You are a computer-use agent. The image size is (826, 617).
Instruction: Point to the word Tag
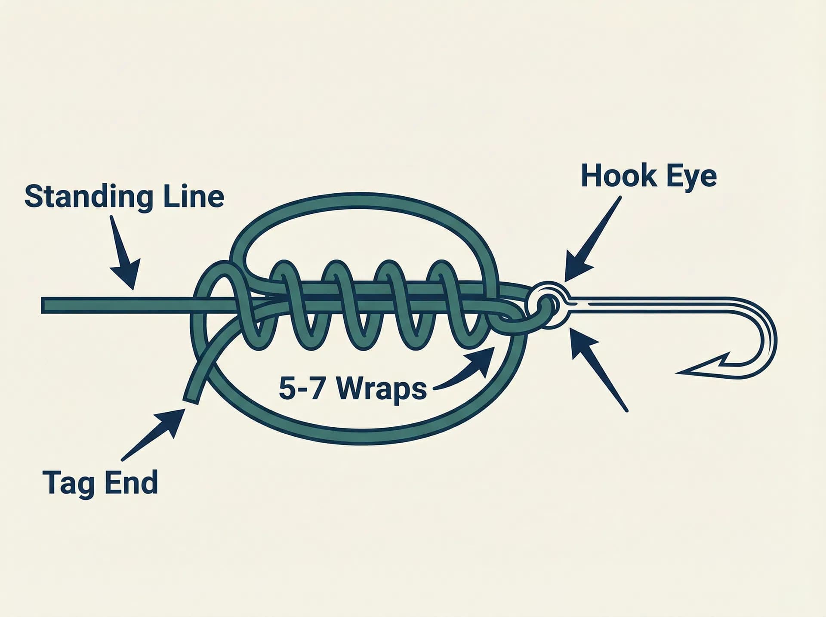(68, 483)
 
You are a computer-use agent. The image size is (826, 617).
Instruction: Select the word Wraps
(382, 390)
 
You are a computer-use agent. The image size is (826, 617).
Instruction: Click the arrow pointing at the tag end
(153, 434)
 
